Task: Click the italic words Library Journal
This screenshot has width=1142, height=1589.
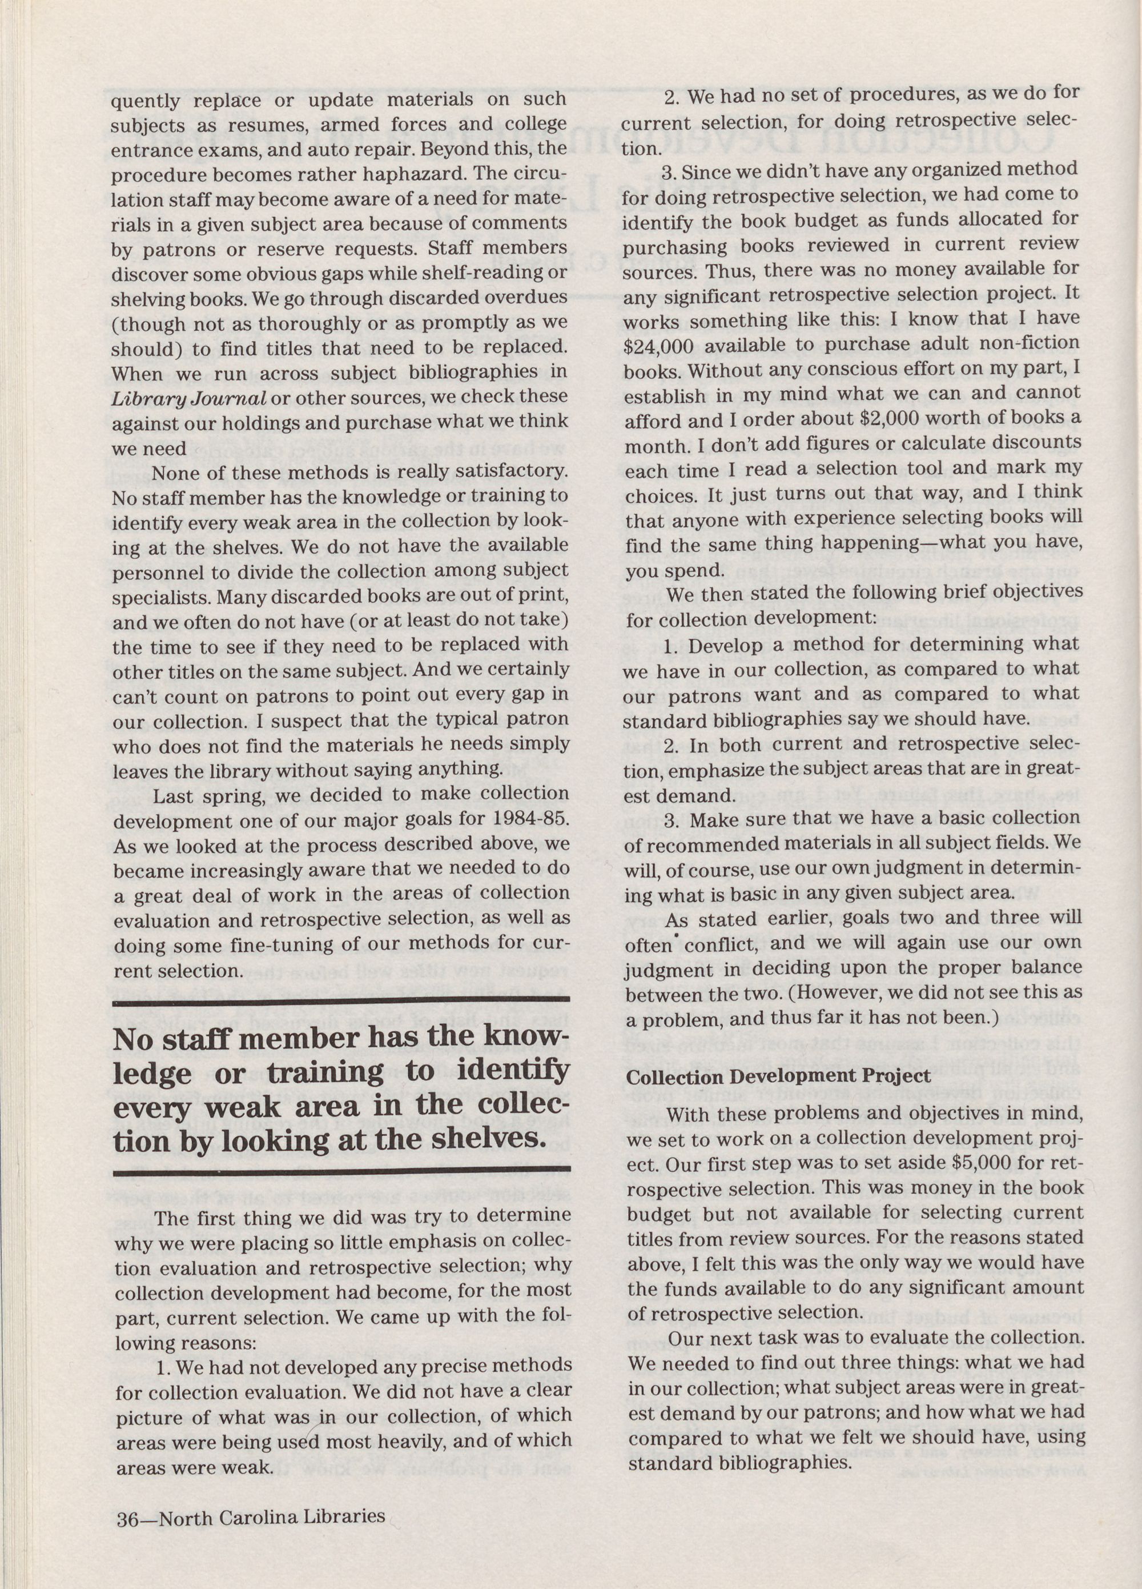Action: tap(189, 398)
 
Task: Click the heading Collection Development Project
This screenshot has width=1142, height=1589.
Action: tap(778, 1076)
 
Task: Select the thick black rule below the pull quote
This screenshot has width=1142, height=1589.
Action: tap(341, 1168)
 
